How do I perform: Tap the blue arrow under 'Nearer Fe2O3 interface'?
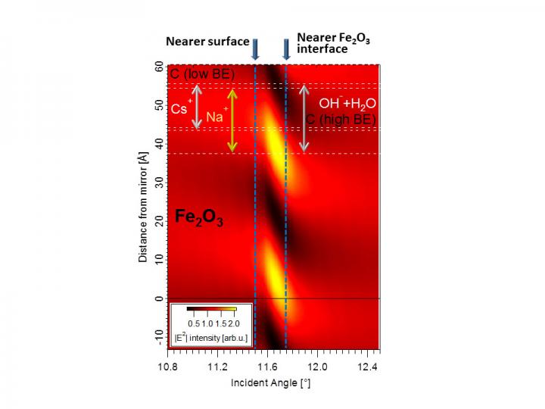286,49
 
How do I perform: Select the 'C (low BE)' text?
202,73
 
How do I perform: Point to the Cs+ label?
181,108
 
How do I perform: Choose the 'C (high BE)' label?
341,118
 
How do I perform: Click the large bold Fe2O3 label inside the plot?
199,217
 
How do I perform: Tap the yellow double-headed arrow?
232,120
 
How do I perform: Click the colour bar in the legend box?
212,309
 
